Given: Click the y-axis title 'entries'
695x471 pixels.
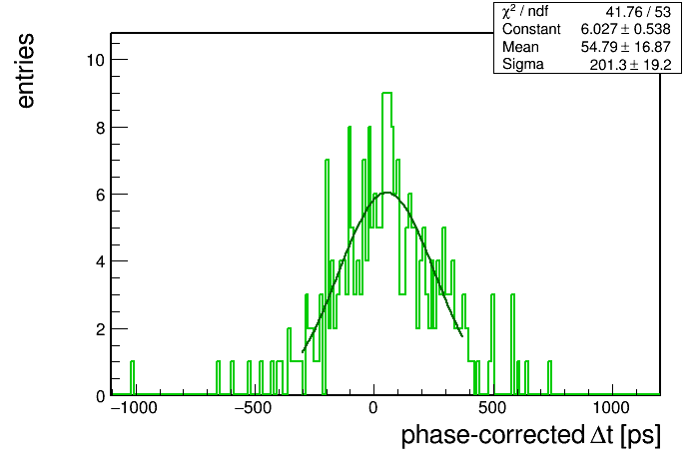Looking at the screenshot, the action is click(x=26, y=71).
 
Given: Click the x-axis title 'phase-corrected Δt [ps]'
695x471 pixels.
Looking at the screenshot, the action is click(x=531, y=435).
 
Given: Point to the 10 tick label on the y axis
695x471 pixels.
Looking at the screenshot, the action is click(x=96, y=60).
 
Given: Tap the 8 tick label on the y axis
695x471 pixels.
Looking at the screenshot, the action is click(x=101, y=128).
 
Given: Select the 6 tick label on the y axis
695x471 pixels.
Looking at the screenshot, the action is click(x=101, y=195).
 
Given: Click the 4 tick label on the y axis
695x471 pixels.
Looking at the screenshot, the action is click(x=101, y=261).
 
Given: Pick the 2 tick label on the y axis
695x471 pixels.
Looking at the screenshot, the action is click(x=101, y=329).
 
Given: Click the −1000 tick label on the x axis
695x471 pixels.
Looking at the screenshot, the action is click(x=134, y=408).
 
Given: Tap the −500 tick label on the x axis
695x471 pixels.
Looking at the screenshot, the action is click(x=253, y=408).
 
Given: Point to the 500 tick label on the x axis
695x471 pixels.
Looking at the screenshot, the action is click(x=492, y=408).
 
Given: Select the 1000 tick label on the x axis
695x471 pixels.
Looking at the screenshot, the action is click(x=612, y=408).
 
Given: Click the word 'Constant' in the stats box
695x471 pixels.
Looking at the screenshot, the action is click(x=531, y=29).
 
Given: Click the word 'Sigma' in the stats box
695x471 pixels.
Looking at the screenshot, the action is click(x=523, y=65).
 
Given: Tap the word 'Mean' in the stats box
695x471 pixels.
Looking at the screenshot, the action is click(x=520, y=47).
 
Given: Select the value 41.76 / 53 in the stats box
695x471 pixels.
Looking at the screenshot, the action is click(x=638, y=12).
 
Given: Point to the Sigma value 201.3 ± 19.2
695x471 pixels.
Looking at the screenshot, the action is click(x=630, y=65).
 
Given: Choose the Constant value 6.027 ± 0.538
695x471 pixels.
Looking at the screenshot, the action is click(x=626, y=29).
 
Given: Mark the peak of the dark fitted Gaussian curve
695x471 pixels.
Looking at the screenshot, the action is click(x=387, y=193).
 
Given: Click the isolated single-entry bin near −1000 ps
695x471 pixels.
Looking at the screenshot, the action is click(x=132, y=378).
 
